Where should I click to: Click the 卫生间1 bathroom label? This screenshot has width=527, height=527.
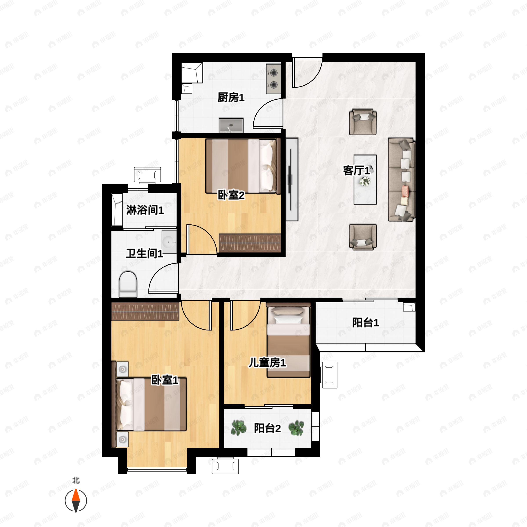pos(144,253)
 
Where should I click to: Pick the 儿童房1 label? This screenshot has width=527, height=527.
pos(267,363)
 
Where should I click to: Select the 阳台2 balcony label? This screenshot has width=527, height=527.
pos(267,428)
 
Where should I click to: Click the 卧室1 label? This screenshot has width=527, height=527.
pos(165,380)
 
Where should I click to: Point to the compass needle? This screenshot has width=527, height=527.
pos(76,501)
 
